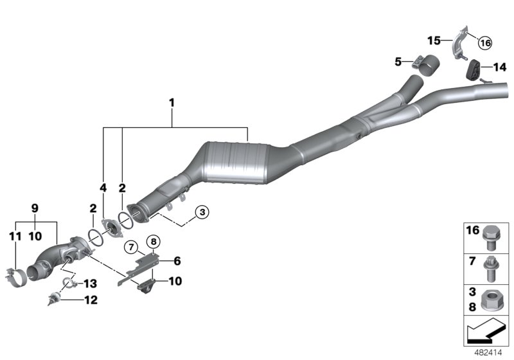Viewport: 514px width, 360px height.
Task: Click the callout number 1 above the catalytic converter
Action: pyautogui.click(x=172, y=102)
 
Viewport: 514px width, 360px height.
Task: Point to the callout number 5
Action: pyautogui.click(x=398, y=62)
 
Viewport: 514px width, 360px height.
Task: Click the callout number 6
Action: pyautogui.click(x=177, y=260)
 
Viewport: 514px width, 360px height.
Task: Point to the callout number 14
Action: pyautogui.click(x=499, y=66)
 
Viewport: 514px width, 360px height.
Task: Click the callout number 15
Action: pyautogui.click(x=434, y=40)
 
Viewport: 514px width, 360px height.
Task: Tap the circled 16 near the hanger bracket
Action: pyautogui.click(x=484, y=42)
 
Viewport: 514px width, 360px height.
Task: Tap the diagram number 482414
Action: pyautogui.click(x=490, y=352)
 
